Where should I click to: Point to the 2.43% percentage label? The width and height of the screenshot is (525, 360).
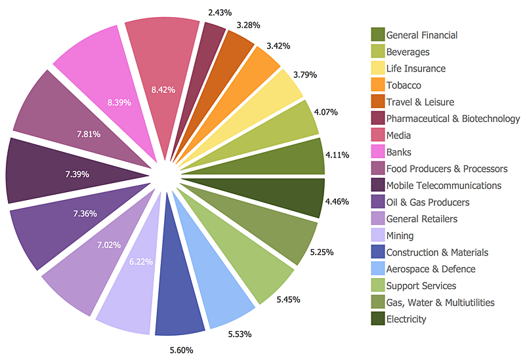(x=219, y=12)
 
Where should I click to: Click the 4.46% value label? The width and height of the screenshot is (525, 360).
(x=337, y=201)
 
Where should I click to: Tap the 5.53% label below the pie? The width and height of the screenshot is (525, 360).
(x=240, y=335)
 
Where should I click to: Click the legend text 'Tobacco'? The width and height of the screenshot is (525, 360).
(x=404, y=85)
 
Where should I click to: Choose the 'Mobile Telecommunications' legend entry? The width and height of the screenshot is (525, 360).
(x=444, y=186)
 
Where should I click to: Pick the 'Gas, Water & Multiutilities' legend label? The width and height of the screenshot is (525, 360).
(x=440, y=302)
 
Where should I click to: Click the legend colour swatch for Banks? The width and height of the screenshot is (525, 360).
(x=377, y=152)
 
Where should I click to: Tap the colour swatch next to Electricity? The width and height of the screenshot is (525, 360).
(x=377, y=319)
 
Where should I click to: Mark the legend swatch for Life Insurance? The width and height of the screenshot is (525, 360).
(x=377, y=68)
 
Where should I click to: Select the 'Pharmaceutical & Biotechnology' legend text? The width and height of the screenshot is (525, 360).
(x=453, y=119)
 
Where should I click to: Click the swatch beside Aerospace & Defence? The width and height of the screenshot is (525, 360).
(x=377, y=269)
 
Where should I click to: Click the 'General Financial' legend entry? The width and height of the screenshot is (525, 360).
(x=422, y=35)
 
